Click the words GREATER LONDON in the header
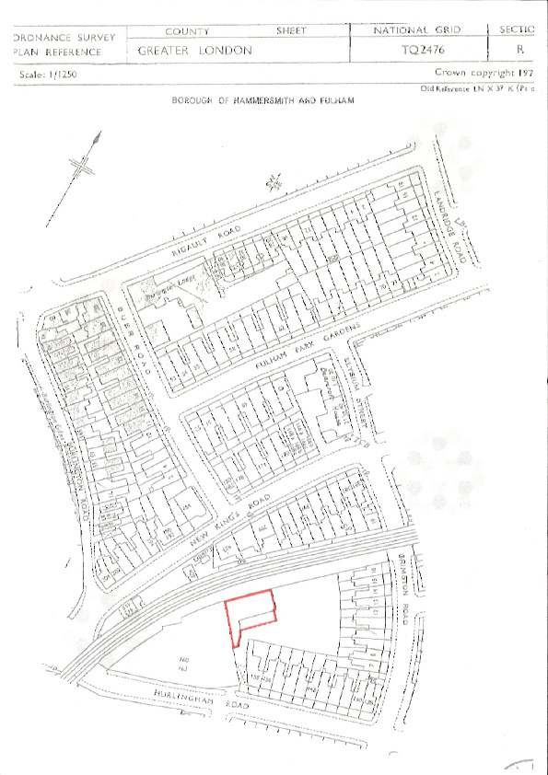(x=194, y=51)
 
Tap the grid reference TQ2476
(x=419, y=51)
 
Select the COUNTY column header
(x=187, y=31)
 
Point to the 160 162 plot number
(x=183, y=663)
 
